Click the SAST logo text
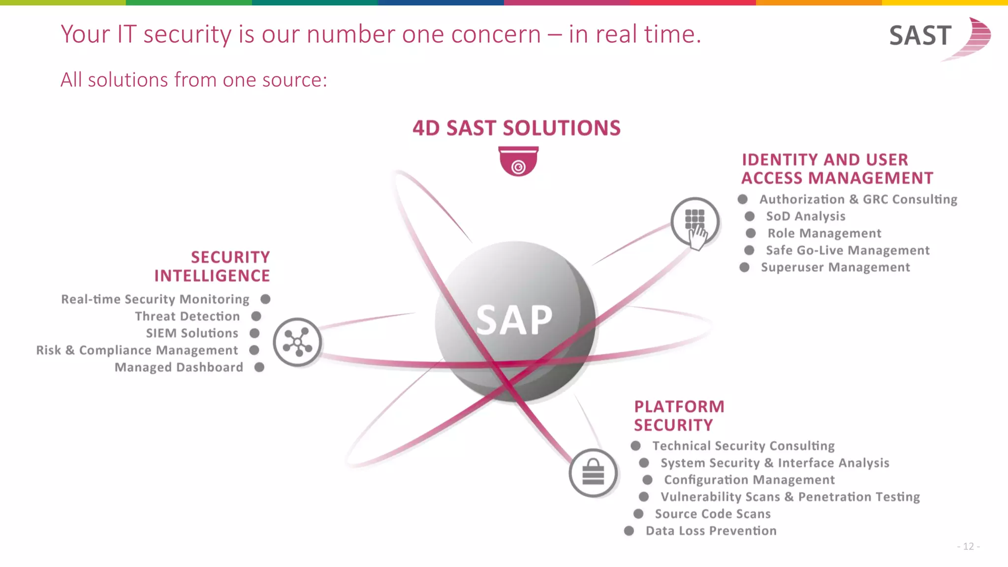pos(920,36)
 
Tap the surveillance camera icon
pos(518,161)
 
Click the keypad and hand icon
pos(695,222)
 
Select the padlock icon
pos(593,472)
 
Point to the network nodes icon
pos(297,342)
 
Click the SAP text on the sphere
pos(514,320)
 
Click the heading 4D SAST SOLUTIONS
pos(516,128)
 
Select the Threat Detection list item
pos(187,316)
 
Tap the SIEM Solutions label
pos(192,333)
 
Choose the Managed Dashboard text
pos(179,367)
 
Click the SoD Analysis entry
pos(805,216)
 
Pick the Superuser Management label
pos(835,267)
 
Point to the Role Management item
pos(824,233)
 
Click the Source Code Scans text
pos(712,514)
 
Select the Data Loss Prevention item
pos(711,531)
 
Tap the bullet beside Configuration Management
pos(647,480)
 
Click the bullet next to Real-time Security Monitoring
pos(265,299)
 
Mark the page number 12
pos(968,546)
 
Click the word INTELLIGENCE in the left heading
pos(212,276)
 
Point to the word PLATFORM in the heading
pos(679,407)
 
